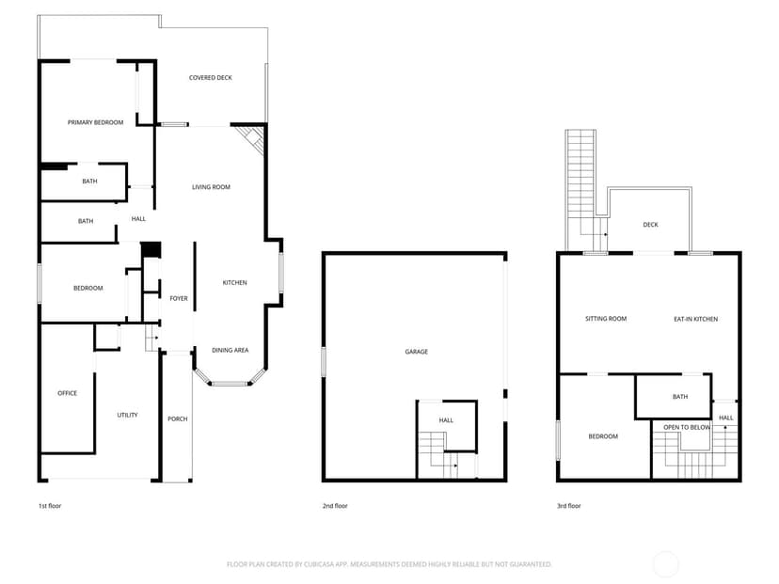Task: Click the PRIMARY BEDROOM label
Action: (95, 122)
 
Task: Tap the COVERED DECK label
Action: (210, 77)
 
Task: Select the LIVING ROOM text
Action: (211, 187)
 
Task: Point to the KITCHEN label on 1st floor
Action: (234, 282)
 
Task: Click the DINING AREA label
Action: (230, 350)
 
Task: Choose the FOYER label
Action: (179, 298)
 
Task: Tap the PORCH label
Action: (178, 419)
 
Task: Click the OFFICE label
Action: (68, 393)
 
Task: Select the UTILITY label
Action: (127, 415)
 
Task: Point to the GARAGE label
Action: (417, 352)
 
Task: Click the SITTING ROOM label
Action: (606, 319)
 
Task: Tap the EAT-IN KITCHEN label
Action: (695, 320)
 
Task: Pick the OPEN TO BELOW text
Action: (687, 428)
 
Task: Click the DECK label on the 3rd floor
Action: (650, 225)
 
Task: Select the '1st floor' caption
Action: (50, 506)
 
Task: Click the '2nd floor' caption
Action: (335, 506)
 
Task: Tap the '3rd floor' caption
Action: (569, 506)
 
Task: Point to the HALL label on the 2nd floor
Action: (446, 420)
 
